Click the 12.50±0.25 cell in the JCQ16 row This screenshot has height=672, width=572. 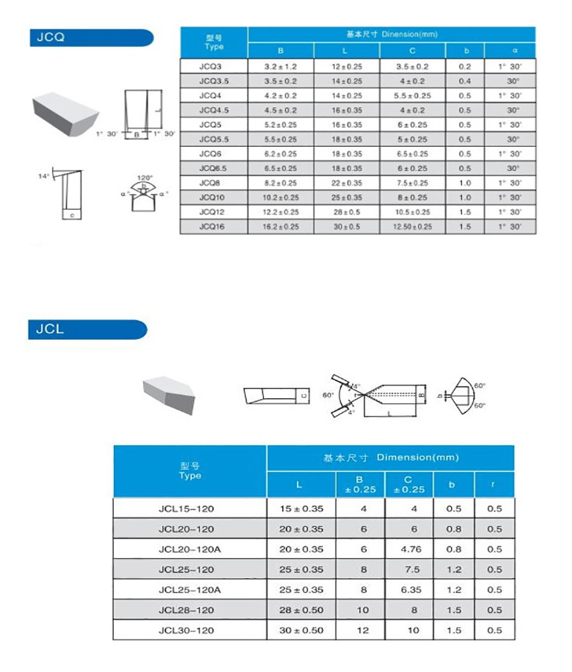[412, 227]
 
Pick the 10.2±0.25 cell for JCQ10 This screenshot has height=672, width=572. [281, 198]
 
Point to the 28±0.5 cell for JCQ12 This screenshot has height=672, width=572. [347, 213]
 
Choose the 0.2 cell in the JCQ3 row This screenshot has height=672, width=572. [464, 66]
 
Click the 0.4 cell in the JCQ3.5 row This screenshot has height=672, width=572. [464, 81]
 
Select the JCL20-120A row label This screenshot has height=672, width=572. [189, 549]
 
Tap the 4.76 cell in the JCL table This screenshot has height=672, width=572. [409, 549]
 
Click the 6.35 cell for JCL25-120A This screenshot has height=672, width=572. [409, 590]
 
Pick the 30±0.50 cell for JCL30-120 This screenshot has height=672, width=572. [301, 630]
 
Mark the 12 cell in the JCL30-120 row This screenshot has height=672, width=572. [359, 630]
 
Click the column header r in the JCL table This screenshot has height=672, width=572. [494, 485]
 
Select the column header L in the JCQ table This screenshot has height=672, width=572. [347, 51]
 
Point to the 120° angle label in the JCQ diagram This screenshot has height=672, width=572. [145, 178]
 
